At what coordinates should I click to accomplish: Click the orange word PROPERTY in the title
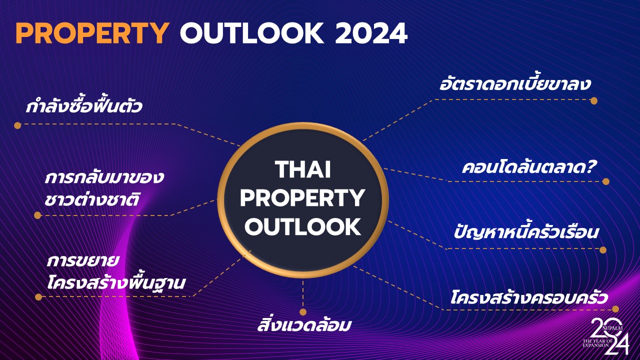pos(92,33)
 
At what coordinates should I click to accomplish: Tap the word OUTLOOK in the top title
pos(252,33)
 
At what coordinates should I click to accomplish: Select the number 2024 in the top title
pos(371,33)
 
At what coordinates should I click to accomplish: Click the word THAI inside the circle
pos(303,169)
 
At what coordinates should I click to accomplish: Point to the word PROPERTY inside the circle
pos(302,198)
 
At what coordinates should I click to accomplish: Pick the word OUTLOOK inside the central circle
pos(303,226)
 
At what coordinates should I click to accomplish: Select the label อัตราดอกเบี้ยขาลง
pos(515,83)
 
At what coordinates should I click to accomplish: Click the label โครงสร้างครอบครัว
pos(528,297)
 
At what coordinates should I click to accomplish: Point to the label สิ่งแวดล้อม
pos(304,324)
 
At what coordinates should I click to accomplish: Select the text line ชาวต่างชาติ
pos(92,199)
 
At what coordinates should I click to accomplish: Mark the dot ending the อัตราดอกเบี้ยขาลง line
pos(594,101)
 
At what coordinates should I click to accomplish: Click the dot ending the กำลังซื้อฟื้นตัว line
pos(17,125)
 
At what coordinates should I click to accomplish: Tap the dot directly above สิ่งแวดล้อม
pos(303,311)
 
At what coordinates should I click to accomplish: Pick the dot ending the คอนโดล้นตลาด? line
pos(606,181)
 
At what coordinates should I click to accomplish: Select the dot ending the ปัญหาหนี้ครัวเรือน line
pos(603,250)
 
